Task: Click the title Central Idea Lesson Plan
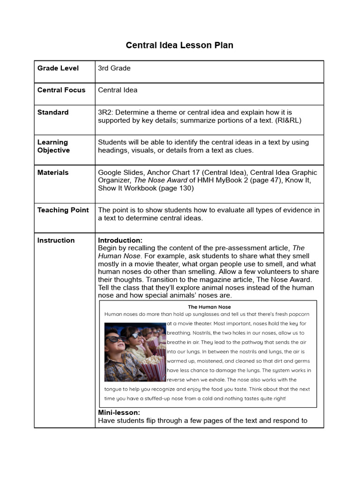(x=180, y=45)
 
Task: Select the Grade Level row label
(x=58, y=68)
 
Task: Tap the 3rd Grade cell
(x=114, y=68)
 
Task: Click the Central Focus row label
(x=61, y=90)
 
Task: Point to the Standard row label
(x=53, y=112)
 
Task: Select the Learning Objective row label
(x=53, y=146)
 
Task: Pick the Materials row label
(x=53, y=172)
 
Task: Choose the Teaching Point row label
(x=63, y=210)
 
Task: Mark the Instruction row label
(x=56, y=240)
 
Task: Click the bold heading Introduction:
(x=120, y=240)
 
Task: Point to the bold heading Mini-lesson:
(x=119, y=412)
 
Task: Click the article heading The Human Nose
(x=210, y=307)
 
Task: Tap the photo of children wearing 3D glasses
(x=135, y=351)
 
